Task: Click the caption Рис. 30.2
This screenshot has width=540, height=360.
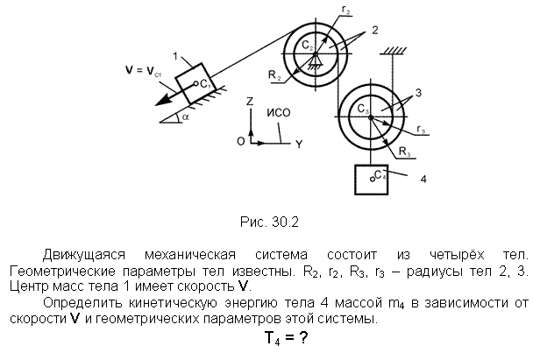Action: tap(269, 222)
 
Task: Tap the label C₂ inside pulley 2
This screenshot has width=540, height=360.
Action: tap(308, 45)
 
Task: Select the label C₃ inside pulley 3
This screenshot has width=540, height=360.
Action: tap(363, 109)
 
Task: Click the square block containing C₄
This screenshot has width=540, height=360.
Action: tap(372, 180)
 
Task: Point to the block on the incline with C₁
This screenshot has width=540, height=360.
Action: tap(195, 83)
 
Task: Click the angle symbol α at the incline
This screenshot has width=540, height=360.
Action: tap(186, 117)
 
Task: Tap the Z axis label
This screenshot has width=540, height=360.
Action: tap(250, 101)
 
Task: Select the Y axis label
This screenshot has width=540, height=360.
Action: tap(299, 145)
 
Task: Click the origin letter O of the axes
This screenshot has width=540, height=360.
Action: tap(241, 141)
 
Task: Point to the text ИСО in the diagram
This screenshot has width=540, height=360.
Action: tap(279, 113)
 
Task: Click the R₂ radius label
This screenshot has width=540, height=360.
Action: tap(275, 75)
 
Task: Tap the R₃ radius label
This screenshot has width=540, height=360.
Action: tap(405, 152)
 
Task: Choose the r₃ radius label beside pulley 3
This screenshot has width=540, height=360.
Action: tap(421, 130)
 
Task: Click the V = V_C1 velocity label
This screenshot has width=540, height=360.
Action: tap(143, 71)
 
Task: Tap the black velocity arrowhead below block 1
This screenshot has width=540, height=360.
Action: tap(163, 100)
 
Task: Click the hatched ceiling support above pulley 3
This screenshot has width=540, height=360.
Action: tap(393, 52)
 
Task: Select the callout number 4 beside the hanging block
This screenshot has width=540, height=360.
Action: tap(423, 180)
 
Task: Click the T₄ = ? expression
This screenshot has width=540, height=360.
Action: tap(286, 338)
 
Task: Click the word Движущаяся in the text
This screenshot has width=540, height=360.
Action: tap(83, 256)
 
